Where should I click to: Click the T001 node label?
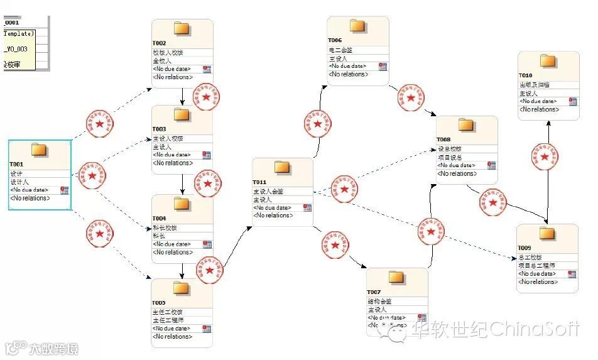click(16, 165)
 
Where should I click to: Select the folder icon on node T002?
click(182, 28)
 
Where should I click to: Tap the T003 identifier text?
click(159, 129)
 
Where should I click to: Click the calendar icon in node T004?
click(207, 244)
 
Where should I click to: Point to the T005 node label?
click(159, 303)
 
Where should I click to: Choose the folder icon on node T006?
click(357, 26)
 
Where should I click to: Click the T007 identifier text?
click(374, 293)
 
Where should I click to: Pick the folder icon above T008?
click(466, 124)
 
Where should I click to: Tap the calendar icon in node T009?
click(572, 274)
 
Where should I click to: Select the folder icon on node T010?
click(548, 61)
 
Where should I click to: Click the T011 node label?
click(260, 183)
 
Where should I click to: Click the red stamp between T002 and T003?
click(207, 95)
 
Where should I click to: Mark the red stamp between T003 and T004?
click(207, 184)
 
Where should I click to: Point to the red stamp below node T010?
click(544, 157)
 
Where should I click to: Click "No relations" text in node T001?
click(30, 198)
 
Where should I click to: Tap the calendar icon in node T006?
click(382, 67)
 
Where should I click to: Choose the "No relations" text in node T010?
click(539, 109)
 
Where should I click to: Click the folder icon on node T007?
click(396, 278)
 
